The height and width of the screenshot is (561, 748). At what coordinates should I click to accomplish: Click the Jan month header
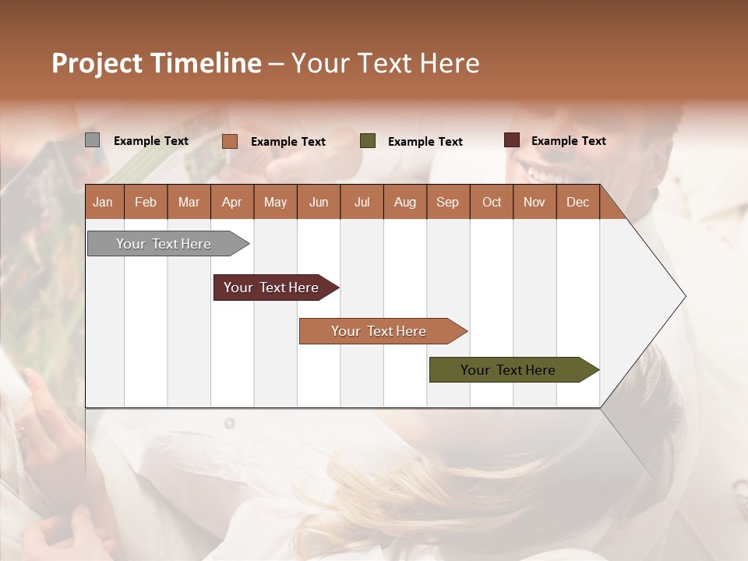pos(104,202)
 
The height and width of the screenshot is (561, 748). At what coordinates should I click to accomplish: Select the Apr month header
pos(232,202)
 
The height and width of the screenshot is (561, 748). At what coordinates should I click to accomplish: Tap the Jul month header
pos(362,202)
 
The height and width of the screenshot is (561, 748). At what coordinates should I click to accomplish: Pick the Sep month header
pos(448,202)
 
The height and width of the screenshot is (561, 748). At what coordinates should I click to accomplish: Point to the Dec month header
pos(577,202)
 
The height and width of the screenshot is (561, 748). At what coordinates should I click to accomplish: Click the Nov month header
pos(535,202)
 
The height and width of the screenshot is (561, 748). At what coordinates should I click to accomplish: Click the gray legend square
pos(92,140)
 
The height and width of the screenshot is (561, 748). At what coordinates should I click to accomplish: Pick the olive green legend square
pos(368,141)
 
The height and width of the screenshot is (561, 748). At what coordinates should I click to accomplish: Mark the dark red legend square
pos(512,140)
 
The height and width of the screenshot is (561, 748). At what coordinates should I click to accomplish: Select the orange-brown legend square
pos(230,141)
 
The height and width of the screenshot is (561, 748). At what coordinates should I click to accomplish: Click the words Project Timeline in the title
pos(156,63)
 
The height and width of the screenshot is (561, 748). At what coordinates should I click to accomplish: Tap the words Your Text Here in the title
pos(386,63)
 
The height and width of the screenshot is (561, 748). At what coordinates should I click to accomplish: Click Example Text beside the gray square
pos(151,141)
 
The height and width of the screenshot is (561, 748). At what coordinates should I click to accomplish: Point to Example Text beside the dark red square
pos(569,141)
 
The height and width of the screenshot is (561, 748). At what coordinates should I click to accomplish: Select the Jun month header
pos(319,202)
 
